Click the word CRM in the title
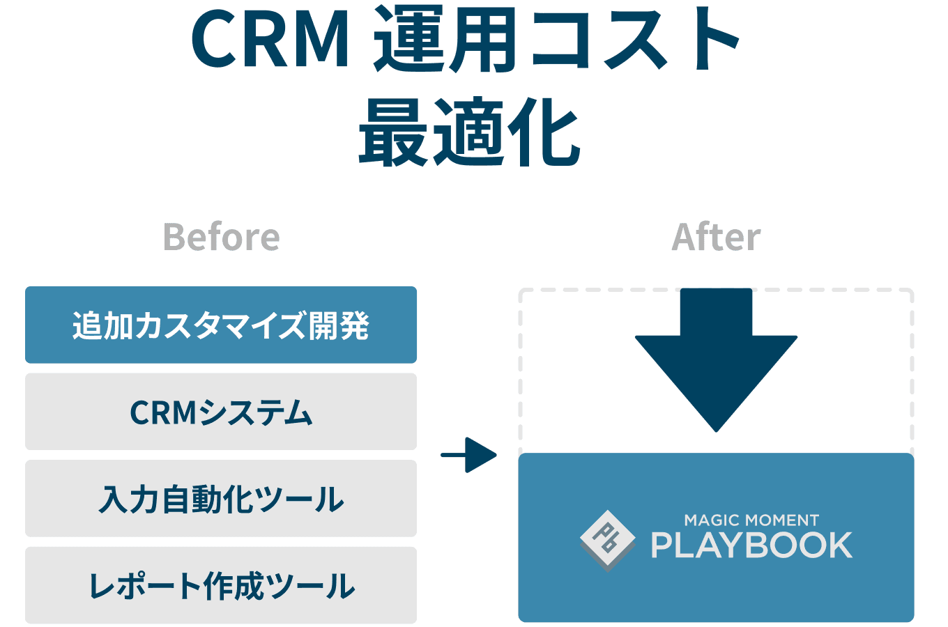[270, 40]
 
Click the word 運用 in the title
[444, 40]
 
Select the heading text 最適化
[469, 132]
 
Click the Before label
[221, 237]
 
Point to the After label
[716, 237]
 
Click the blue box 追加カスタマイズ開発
[221, 325]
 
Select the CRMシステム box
[221, 412]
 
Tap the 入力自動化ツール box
[221, 499]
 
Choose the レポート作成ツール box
[221, 585]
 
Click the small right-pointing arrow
[469, 455]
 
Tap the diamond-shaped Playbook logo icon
[607, 540]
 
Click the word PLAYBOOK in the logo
[751, 545]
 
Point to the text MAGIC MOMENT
[751, 520]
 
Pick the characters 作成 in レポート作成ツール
[233, 586]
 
